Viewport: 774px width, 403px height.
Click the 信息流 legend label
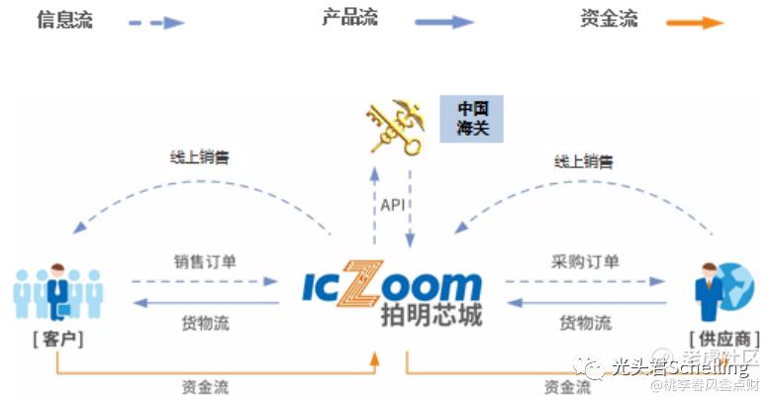[x=64, y=19]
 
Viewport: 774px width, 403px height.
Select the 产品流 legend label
[x=349, y=18]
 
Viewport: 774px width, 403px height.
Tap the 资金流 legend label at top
[x=609, y=19]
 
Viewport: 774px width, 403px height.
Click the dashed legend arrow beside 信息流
[x=156, y=22]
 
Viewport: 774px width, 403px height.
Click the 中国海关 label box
[x=471, y=118]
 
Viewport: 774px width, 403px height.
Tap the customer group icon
[x=58, y=290]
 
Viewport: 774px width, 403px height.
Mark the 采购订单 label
[x=585, y=262]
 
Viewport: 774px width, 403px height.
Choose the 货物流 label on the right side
[x=585, y=323]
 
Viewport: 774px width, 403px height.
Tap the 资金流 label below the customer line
[x=205, y=386]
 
